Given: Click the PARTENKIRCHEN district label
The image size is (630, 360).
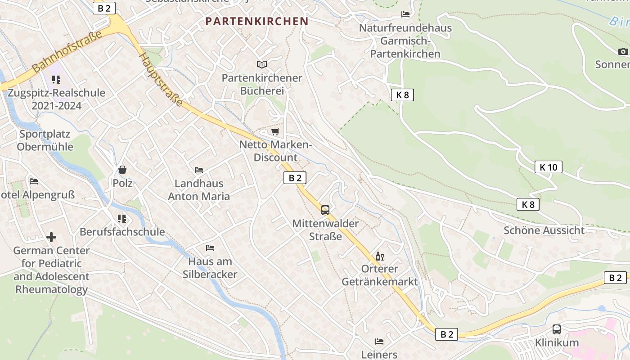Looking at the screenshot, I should coord(257,21).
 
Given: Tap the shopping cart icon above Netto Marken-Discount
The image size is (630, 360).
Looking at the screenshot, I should coord(275,132).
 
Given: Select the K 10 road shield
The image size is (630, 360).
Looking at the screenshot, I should coord(549,167).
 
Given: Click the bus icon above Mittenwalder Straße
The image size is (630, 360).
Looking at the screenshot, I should coord(325,210).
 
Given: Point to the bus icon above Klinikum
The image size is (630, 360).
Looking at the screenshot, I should coord(557,329).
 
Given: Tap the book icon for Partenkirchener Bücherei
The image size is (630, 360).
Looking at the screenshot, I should coord(261,65).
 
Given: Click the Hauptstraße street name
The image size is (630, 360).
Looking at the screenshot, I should coord(161,80).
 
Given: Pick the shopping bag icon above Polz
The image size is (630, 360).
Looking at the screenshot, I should coord(122,170).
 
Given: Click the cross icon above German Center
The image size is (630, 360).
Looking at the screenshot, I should coord(51,237).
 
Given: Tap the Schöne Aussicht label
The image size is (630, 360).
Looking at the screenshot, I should coord(544,230).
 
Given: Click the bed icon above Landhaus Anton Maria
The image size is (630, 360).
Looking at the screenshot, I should coord(199,170).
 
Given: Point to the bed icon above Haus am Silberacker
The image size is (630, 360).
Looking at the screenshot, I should coord(210,247).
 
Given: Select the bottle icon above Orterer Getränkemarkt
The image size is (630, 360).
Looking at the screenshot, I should coord(380,256).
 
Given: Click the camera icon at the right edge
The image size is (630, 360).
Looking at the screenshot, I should coord(623,51).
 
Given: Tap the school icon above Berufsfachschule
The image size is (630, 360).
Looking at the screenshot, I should coord(122,218).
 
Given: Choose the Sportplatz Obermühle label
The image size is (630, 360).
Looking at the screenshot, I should coord(45,140).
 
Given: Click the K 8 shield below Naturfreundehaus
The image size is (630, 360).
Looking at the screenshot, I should coord(402,95).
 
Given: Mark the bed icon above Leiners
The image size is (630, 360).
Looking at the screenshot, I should coord(379,342).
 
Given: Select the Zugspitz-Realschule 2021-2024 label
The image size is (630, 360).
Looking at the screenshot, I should coord(56,99).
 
